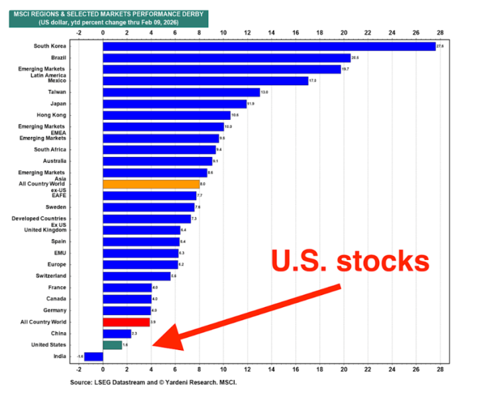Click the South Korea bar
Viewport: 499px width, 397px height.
point(268,46)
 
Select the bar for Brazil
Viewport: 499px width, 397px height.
point(226,58)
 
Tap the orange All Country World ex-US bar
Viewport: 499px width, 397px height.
point(151,184)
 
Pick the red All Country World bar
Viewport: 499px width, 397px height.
point(126,322)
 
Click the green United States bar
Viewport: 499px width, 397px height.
point(112,345)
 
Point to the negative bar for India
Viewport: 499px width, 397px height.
point(93,357)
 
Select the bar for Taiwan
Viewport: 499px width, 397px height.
point(181,92)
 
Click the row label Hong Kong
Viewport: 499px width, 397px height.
point(52,115)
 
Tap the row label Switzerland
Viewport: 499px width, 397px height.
point(50,276)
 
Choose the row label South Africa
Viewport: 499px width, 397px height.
point(50,150)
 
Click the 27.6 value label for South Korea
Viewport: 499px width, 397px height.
point(441,46)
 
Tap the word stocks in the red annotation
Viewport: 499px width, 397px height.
point(381,261)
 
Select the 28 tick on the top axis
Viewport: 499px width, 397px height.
point(440,31)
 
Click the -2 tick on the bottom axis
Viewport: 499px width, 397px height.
point(79,370)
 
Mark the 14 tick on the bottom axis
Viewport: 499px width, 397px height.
point(272,370)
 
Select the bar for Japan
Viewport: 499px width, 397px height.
point(174,104)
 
